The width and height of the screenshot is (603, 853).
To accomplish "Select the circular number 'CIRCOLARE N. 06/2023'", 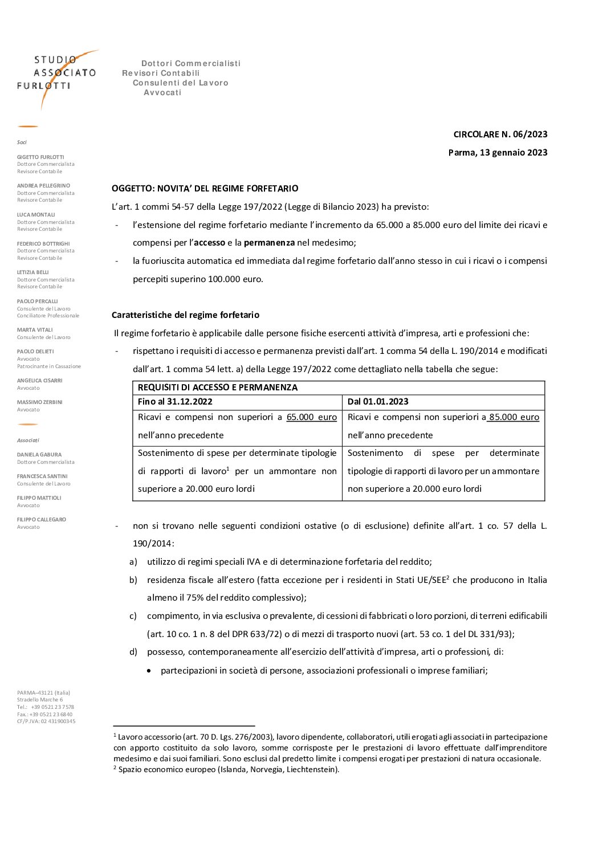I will [x=500, y=134].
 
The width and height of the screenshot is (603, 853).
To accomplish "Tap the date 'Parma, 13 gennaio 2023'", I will [x=498, y=153].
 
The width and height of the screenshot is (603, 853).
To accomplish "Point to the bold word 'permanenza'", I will [x=269, y=243].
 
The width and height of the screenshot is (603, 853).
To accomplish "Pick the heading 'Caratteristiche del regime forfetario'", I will [x=185, y=315].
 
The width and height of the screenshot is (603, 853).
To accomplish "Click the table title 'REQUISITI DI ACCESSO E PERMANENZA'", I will [x=217, y=387].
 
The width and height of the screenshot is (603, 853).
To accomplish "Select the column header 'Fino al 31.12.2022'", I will [x=175, y=402].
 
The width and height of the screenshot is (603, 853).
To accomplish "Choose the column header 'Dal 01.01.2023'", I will [x=378, y=402].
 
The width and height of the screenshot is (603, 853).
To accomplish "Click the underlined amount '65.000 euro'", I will [x=311, y=417].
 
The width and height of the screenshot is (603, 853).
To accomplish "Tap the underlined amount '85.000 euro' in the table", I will [x=514, y=417].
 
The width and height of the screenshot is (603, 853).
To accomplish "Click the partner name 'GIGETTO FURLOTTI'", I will [x=40, y=157].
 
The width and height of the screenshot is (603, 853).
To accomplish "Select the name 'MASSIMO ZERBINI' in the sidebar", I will [x=39, y=402].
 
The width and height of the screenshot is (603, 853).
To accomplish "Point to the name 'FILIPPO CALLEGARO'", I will [x=42, y=520].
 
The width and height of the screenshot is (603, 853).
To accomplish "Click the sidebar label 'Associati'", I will [x=28, y=440].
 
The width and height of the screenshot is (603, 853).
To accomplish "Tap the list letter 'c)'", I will [x=133, y=616].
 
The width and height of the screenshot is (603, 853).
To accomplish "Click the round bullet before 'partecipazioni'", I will [x=149, y=671].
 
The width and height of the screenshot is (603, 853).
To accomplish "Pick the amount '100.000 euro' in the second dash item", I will [x=237, y=279].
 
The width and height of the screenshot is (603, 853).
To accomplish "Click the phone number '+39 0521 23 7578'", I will [x=52, y=707].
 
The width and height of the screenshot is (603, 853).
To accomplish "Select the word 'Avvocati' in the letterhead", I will [x=162, y=93].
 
